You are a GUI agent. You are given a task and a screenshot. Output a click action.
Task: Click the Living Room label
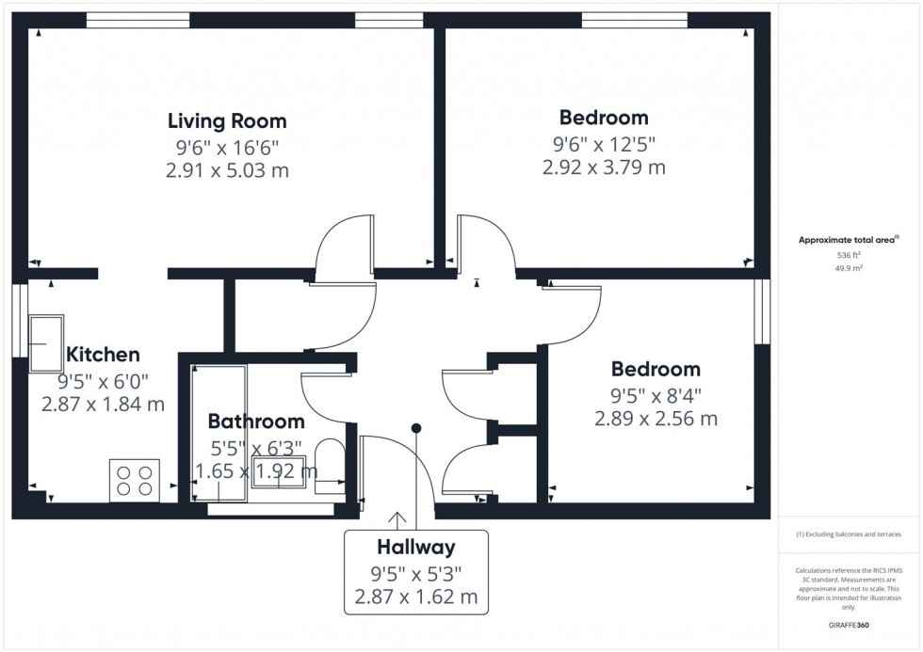pos(227,120)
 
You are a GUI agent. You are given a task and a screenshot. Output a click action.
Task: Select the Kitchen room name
pos(103,355)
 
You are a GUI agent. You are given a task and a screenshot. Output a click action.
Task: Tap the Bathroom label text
pos(256,421)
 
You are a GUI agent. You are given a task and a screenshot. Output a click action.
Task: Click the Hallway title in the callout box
pos(416,547)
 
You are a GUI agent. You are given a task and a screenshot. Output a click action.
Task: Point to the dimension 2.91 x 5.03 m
pos(227,170)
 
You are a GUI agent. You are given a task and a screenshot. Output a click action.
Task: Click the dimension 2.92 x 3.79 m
pos(604,167)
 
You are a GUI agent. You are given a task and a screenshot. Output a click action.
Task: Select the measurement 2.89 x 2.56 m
pos(656,418)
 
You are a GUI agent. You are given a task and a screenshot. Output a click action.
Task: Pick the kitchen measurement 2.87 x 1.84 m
pos(103,405)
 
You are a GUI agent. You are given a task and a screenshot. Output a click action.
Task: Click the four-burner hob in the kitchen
pos(135,479)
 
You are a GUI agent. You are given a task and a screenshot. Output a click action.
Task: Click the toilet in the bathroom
pos(329,465)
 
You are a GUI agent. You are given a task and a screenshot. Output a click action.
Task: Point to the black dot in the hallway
pos(415,428)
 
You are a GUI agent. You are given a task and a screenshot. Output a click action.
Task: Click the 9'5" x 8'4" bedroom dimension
pos(656,393)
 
